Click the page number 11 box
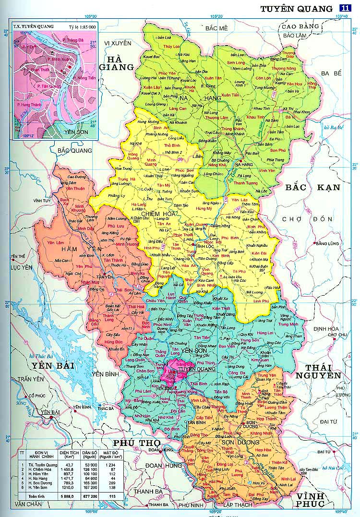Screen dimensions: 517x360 (x=344, y=8)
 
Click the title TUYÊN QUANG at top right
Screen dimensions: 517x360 (x=296, y=9)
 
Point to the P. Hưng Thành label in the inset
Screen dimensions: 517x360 (x=29, y=104)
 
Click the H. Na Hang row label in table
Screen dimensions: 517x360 (x=39, y=478)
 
